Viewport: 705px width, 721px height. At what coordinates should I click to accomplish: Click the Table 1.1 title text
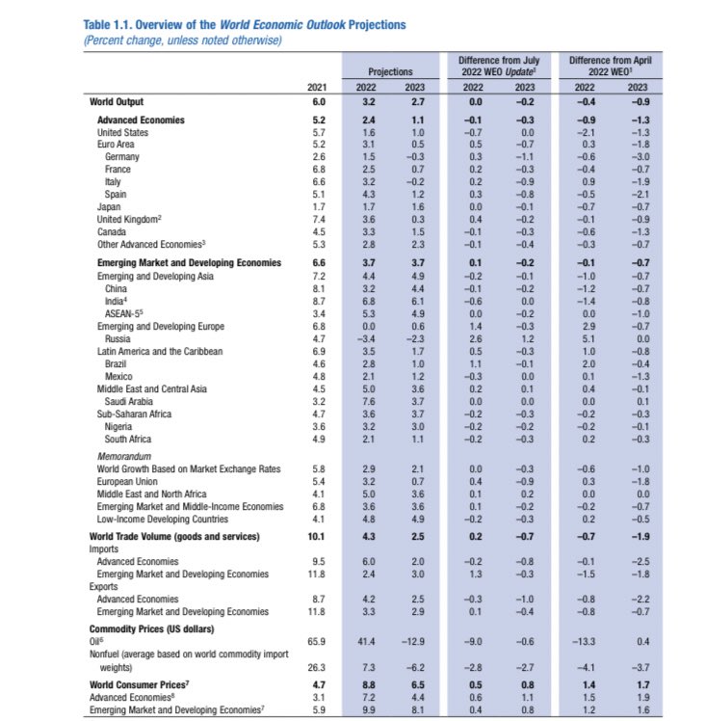coord(245,24)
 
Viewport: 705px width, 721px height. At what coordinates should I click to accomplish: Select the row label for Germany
coord(122,156)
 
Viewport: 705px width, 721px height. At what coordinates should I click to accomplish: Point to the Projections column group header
coord(390,71)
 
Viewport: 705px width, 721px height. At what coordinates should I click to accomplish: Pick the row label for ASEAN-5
coord(125,313)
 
